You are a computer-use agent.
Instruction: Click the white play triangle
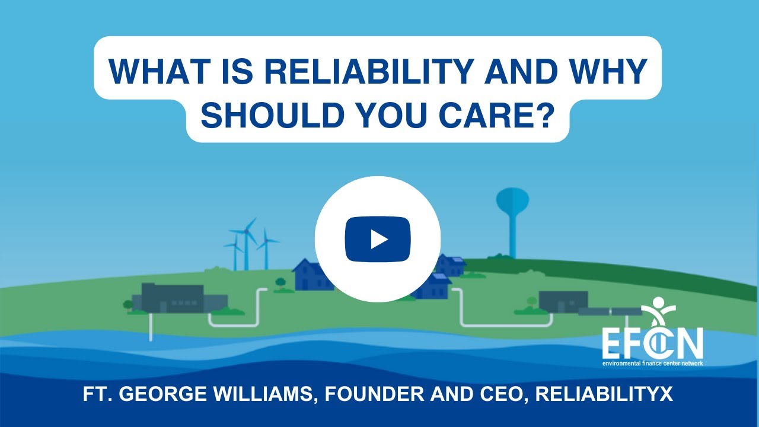[379, 239]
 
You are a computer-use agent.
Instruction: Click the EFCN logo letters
[652, 343]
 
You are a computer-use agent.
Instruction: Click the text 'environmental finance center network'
[652, 362]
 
